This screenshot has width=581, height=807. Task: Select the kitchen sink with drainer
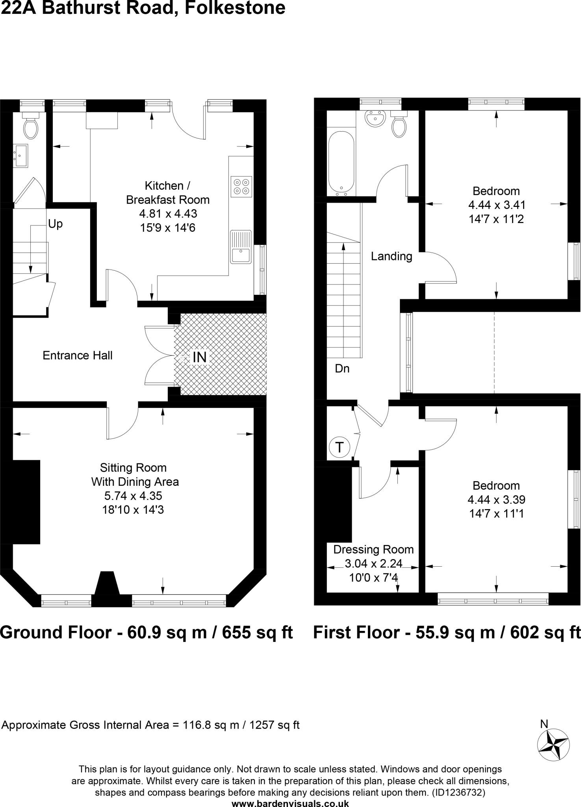pyautogui.click(x=241, y=247)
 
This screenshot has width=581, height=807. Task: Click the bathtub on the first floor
pyautogui.click(x=341, y=162)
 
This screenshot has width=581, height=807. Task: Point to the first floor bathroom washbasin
pyautogui.click(x=375, y=118)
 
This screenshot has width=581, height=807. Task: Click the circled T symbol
pyautogui.click(x=339, y=447)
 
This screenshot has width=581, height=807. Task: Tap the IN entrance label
pyautogui.click(x=199, y=357)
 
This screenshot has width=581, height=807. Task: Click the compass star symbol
pyautogui.click(x=553, y=744)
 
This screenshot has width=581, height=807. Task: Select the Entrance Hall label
pyautogui.click(x=78, y=355)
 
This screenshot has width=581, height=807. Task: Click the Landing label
pyautogui.click(x=392, y=257)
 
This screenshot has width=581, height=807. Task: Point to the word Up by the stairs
pyautogui.click(x=55, y=224)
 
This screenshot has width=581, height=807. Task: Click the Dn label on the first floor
pyautogui.click(x=342, y=369)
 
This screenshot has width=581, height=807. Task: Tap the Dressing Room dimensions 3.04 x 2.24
pyautogui.click(x=373, y=564)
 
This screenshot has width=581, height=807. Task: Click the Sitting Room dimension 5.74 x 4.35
pyautogui.click(x=133, y=496)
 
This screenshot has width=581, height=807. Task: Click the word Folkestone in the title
pyautogui.click(x=235, y=8)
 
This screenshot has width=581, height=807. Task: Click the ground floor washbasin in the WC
pyautogui.click(x=20, y=156)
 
